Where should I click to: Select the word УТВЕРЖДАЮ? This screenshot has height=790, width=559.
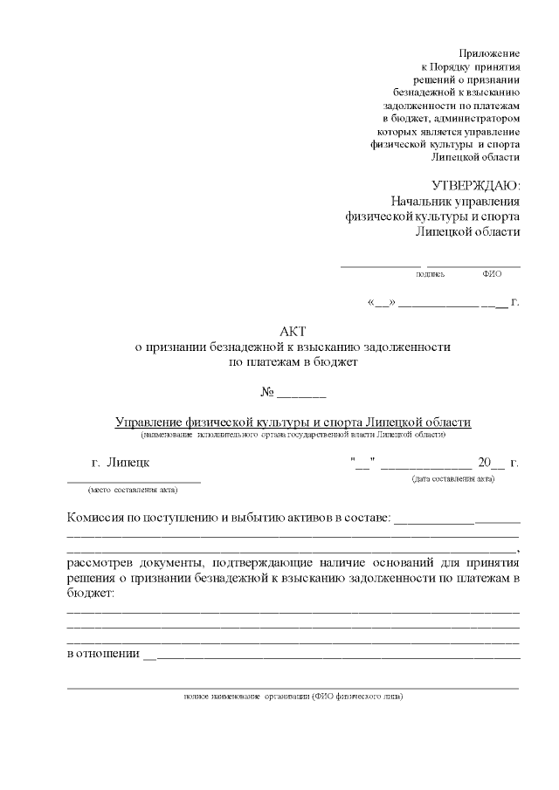(x=476, y=185)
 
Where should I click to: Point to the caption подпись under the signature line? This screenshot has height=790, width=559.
(x=430, y=274)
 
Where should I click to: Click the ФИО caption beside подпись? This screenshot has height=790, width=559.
(x=491, y=274)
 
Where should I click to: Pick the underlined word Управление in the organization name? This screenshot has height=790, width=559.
(x=149, y=422)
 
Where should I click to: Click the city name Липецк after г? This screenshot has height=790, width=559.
(x=128, y=463)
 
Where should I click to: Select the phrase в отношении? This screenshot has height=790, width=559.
(x=103, y=655)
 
